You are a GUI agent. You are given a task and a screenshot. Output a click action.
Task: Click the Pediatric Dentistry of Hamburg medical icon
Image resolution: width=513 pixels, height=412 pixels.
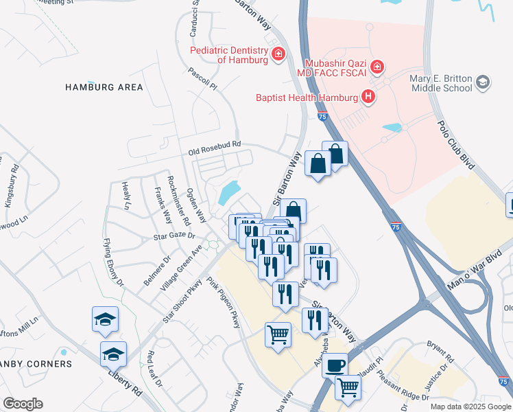pyautogui.click(x=278, y=54)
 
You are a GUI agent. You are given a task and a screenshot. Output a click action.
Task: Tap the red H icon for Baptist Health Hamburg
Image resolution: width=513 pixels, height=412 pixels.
pyautogui.click(x=369, y=97)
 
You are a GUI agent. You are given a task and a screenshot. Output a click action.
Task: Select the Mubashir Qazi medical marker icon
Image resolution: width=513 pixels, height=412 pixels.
pyautogui.click(x=377, y=67)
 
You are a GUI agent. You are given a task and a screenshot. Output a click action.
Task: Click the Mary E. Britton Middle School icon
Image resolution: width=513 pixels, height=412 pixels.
pyautogui.click(x=484, y=83)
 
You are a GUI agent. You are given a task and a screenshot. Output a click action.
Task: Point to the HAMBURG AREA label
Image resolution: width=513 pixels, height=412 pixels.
pyautogui.click(x=104, y=87)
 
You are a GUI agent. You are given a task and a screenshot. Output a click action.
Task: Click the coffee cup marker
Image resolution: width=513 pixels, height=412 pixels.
pyautogui.click(x=335, y=365)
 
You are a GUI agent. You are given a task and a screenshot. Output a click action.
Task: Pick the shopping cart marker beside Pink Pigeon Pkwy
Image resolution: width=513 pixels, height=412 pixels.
pyautogui.click(x=278, y=335)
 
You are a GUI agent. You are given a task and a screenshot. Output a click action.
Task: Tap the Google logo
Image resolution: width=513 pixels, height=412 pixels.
pyautogui.click(x=23, y=404)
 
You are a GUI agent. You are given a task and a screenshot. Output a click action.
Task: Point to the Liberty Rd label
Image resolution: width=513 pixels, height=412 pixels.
pyautogui.click(x=124, y=382)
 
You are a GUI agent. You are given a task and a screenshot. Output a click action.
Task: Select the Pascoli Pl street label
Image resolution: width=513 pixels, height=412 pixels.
pyautogui.click(x=202, y=79)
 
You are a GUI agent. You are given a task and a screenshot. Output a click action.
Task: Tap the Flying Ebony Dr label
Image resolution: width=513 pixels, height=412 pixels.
pyautogui.click(x=113, y=262)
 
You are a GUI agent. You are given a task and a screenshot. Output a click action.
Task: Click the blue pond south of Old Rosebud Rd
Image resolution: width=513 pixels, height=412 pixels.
pyautogui.click(x=229, y=193)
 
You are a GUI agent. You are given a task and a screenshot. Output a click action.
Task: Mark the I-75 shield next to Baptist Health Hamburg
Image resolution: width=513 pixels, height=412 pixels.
pyautogui.click(x=323, y=117)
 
